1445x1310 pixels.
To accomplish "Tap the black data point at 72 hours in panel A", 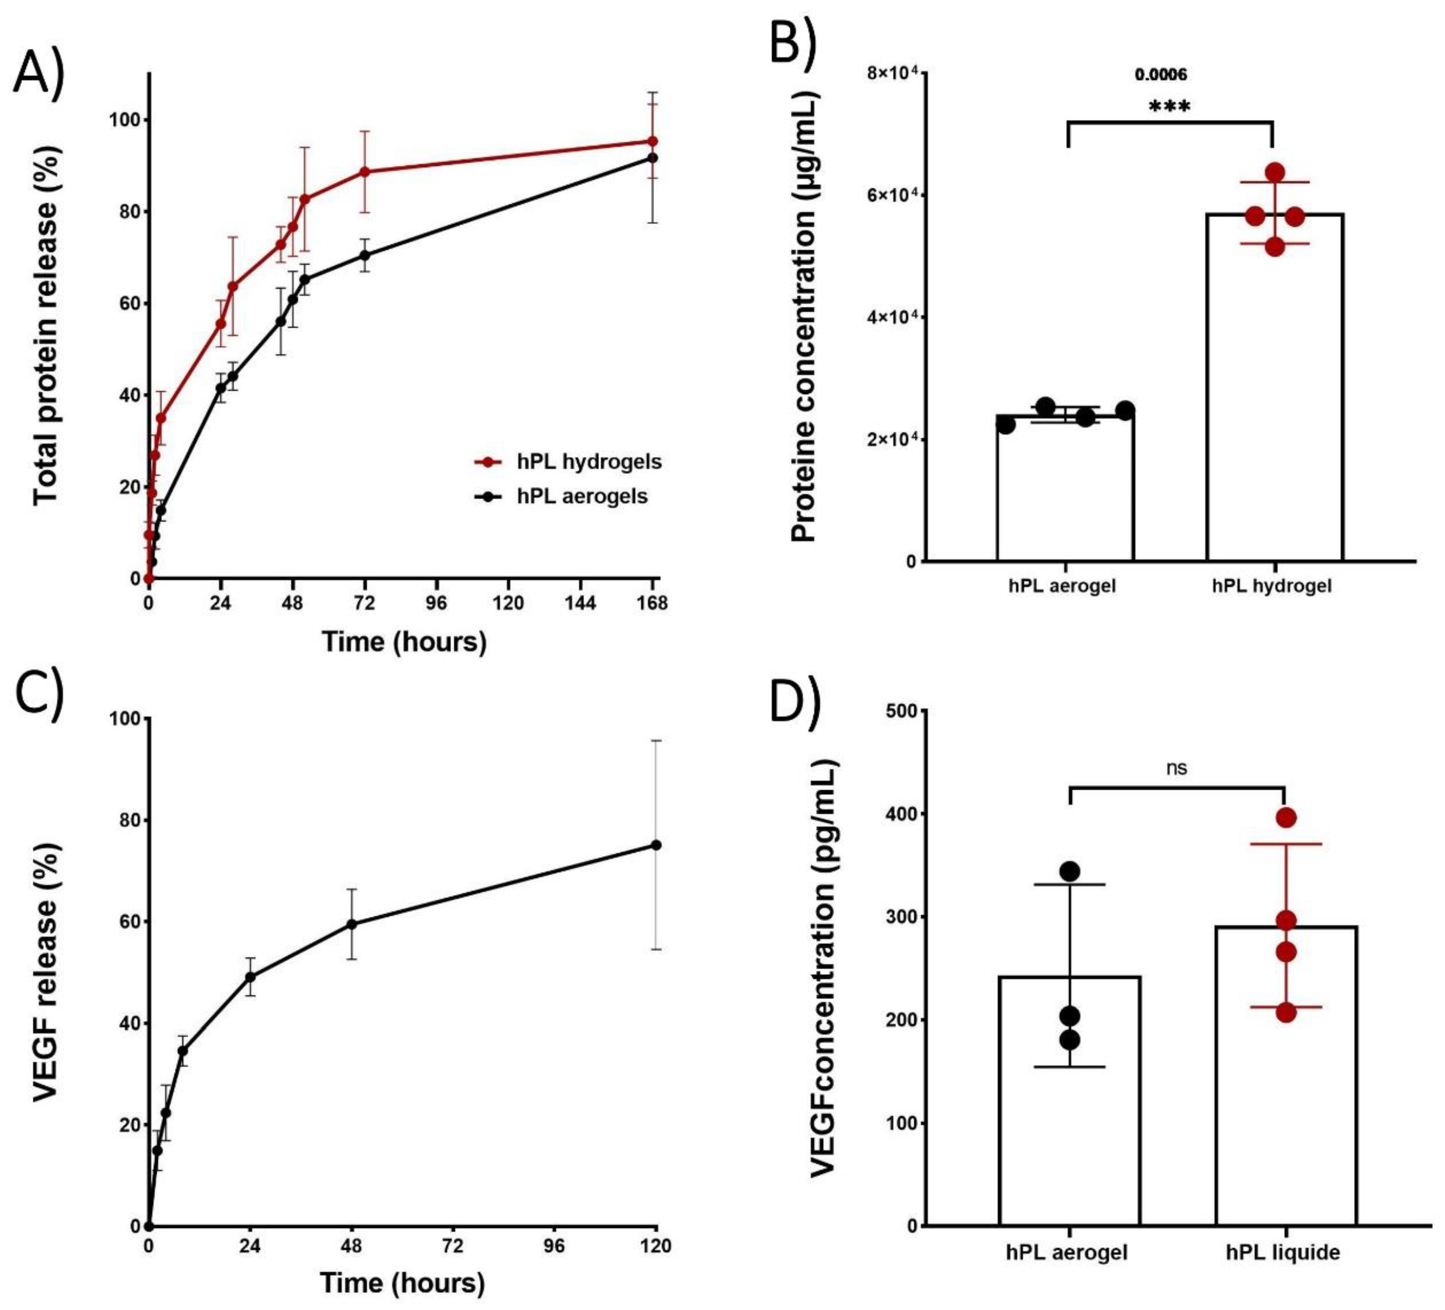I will [365, 255].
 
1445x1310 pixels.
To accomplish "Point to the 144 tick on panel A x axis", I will [580, 603].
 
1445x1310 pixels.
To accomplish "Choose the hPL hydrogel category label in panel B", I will [1272, 586].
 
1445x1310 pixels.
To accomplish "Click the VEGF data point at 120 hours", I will [655, 845].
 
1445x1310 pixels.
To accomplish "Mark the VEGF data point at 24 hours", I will [250, 977].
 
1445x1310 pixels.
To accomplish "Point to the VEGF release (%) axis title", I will [47, 973].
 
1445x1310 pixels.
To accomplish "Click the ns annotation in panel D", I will [1176, 768].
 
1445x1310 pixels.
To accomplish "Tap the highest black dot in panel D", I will [1069, 872].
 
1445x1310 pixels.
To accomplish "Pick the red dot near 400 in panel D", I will [1286, 818].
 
